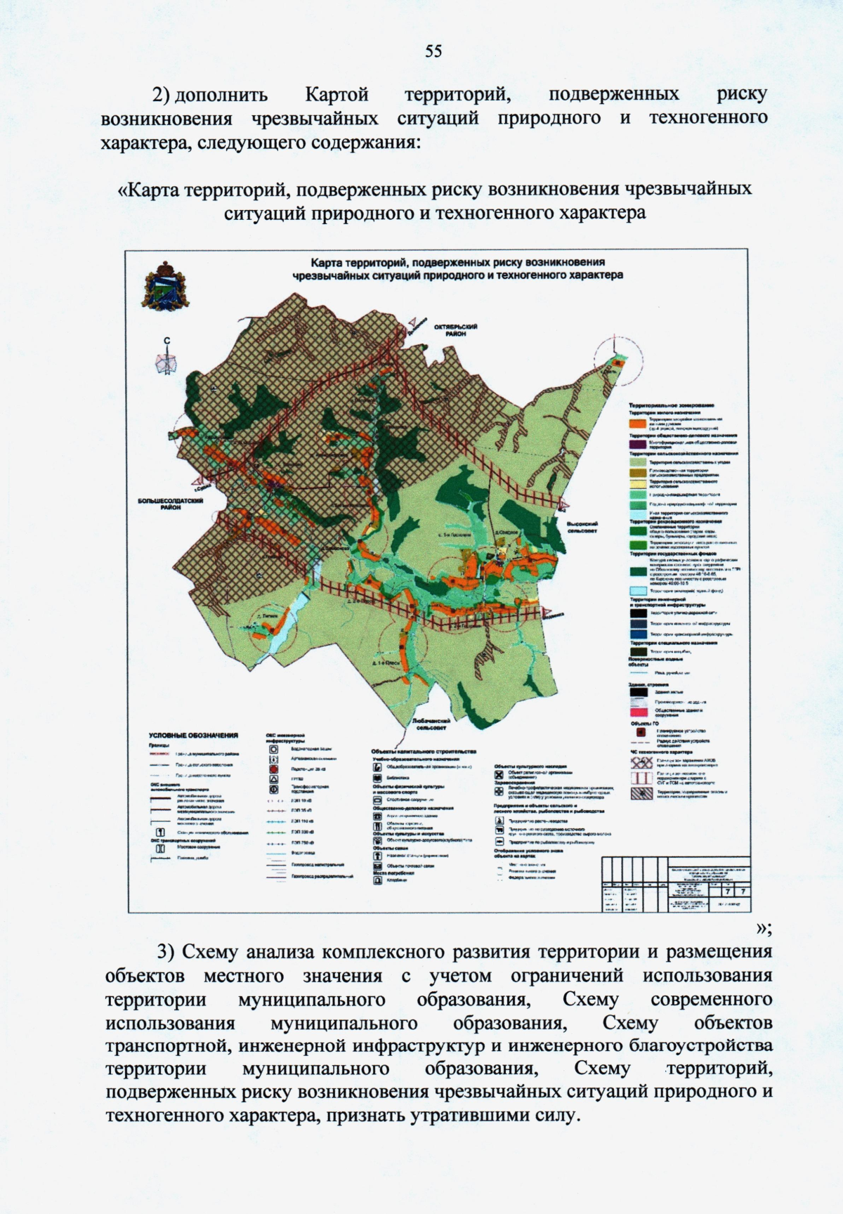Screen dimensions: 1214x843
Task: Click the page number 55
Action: pyautogui.click(x=433, y=51)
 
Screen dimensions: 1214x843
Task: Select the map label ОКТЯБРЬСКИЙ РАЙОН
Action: pyautogui.click(x=455, y=330)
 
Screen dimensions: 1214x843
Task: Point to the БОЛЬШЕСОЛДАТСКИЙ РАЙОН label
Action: pyautogui.click(x=171, y=504)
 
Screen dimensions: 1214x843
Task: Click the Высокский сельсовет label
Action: pyautogui.click(x=582, y=527)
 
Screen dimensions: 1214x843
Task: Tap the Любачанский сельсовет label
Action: pyautogui.click(x=431, y=724)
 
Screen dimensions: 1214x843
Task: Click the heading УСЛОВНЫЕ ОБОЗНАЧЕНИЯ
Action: pyautogui.click(x=193, y=736)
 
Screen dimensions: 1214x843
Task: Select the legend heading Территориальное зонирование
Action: pyautogui.click(x=671, y=405)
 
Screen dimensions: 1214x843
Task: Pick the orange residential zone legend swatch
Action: pyautogui.click(x=637, y=424)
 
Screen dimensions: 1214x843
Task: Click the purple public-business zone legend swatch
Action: pyautogui.click(x=637, y=444)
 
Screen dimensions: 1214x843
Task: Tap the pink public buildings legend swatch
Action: pyautogui.click(x=637, y=712)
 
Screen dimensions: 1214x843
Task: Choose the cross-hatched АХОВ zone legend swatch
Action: pyautogui.click(x=638, y=762)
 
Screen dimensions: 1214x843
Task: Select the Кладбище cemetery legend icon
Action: pyautogui.click(x=377, y=881)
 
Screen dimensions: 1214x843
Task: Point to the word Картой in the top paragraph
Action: pyautogui.click(x=337, y=94)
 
